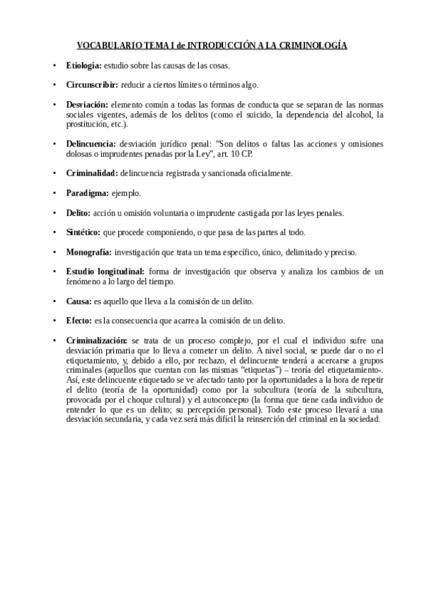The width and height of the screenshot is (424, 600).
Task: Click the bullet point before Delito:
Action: [x=55, y=212]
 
